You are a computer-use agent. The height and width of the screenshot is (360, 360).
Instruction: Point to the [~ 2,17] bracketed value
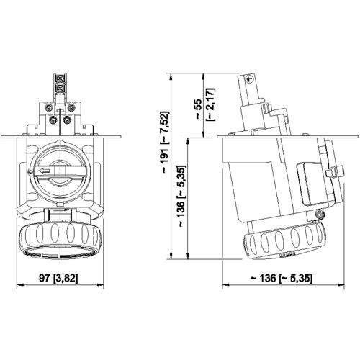tap(209, 104)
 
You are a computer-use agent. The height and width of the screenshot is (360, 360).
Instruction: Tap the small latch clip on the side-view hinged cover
tap(334, 173)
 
